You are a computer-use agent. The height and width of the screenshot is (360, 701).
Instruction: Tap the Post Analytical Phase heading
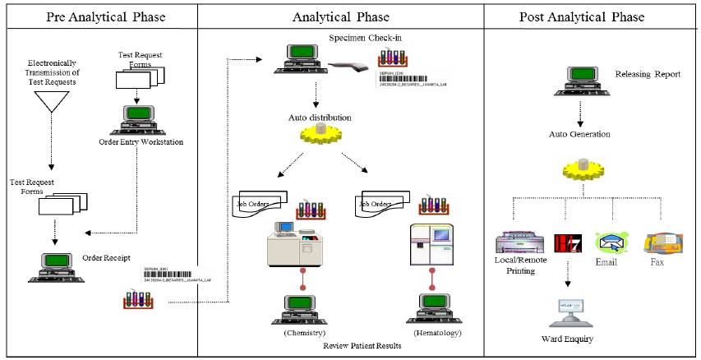(x=582, y=16)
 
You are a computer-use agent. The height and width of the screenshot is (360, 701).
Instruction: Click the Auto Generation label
(x=579, y=133)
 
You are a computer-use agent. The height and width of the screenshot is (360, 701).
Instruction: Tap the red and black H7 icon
(x=565, y=242)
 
